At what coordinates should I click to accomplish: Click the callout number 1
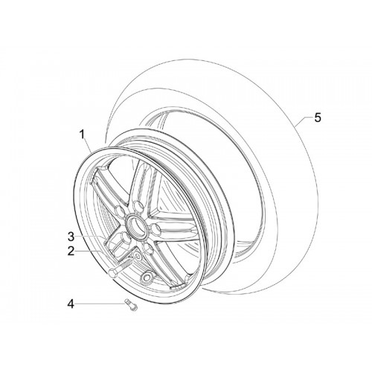(x=82, y=135)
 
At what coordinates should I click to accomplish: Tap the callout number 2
(x=71, y=251)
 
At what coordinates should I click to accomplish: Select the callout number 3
(x=71, y=237)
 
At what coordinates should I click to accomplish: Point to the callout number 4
(x=71, y=304)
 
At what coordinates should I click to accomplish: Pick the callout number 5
(x=318, y=118)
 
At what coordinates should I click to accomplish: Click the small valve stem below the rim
(x=131, y=304)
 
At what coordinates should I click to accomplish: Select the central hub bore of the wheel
(x=136, y=225)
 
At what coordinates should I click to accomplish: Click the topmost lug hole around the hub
(x=137, y=205)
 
